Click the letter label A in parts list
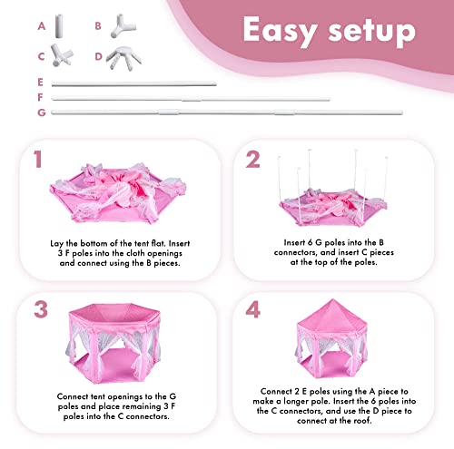(x=40, y=26)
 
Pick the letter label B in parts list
(x=98, y=26)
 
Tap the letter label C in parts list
(x=40, y=56)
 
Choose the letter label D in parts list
(x=98, y=56)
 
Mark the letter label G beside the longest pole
(x=40, y=112)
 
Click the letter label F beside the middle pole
(x=40, y=98)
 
